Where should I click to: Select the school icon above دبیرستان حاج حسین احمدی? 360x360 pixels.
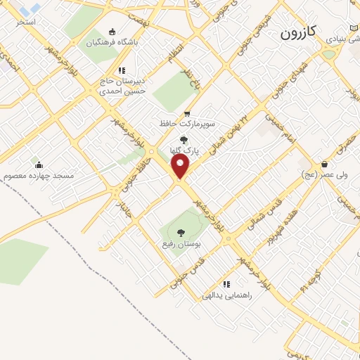point(122,70)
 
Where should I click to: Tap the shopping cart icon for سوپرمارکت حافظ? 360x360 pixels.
point(186,114)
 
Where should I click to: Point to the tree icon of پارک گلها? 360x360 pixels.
point(184,140)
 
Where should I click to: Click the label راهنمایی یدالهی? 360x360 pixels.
point(226,295)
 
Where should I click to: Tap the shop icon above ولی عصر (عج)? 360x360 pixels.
point(324,162)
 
